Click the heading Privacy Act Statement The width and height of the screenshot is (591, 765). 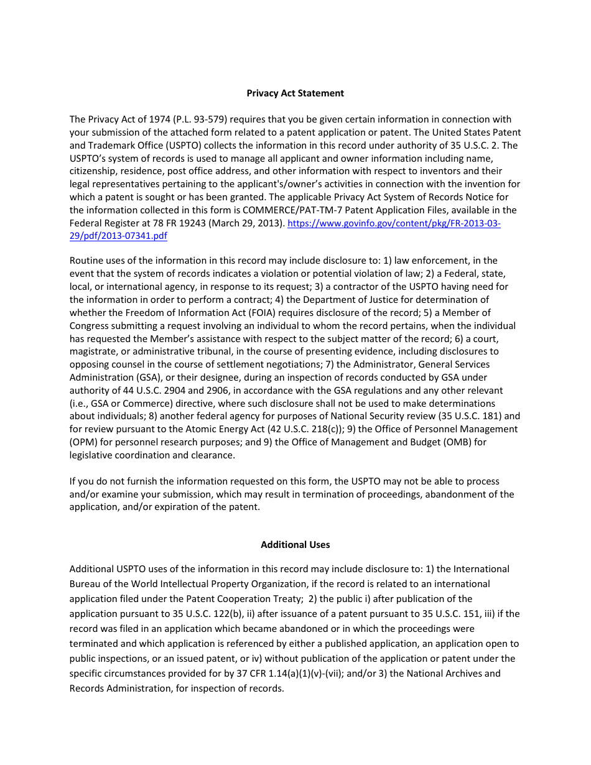pos(295,93)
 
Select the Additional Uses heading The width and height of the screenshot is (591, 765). pos(295,545)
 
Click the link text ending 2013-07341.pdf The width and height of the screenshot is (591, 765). pos(118,236)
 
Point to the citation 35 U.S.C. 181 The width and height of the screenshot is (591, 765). pos(477,416)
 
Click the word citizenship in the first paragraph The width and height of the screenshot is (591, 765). pos(94,171)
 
